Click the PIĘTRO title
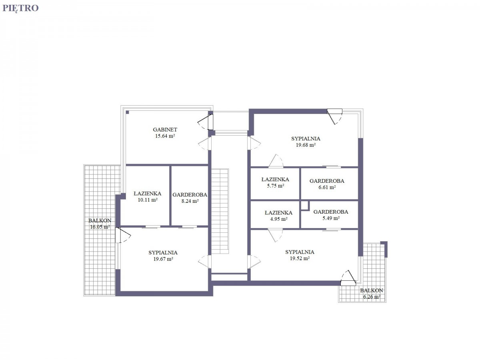coord(20,8)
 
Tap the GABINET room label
coord(165,130)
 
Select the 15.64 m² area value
coord(165,136)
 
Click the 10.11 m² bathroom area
coord(148,200)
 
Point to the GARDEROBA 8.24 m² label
coord(190,198)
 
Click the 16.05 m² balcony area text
coord(100,227)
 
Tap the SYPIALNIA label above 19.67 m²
coord(163,253)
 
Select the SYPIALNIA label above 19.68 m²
coord(306,138)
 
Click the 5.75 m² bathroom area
coord(276,186)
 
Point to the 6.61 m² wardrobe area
coord(327,187)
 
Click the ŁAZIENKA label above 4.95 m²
coord(278,213)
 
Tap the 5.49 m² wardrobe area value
coord(331,218)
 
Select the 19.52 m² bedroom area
coord(300,258)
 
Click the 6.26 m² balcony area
coord(372,297)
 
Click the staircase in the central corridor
coord(220,211)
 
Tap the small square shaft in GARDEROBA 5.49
coord(305,206)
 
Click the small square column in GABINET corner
coord(127,112)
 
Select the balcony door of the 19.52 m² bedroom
coord(348,278)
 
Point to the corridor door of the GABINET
coord(205,144)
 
